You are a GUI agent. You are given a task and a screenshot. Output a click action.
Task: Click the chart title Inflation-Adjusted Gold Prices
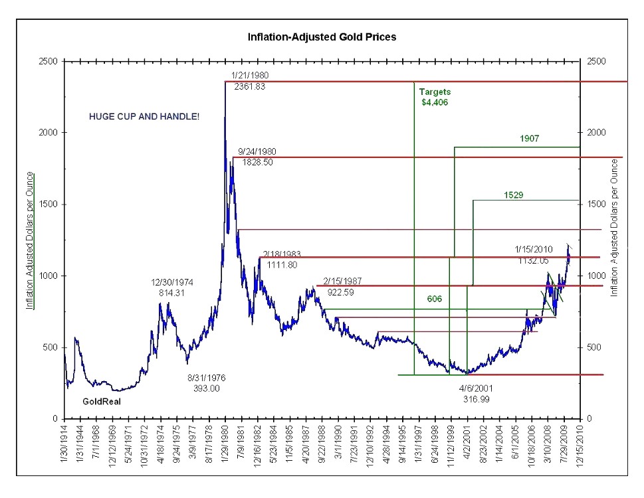pyautogui.click(x=322, y=37)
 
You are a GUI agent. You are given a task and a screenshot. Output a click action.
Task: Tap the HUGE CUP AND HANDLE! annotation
pyautogui.click(x=144, y=116)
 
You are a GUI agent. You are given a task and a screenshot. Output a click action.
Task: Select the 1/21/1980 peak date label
pyautogui.click(x=250, y=75)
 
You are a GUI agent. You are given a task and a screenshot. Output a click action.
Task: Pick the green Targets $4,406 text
pyautogui.click(x=435, y=97)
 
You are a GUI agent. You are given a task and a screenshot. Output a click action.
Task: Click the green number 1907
pyautogui.click(x=530, y=139)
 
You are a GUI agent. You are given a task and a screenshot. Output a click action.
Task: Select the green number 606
pyautogui.click(x=435, y=299)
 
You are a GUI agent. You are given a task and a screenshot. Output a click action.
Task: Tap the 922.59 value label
pyautogui.click(x=342, y=291)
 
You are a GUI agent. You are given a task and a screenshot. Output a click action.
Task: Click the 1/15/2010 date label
pyautogui.click(x=534, y=250)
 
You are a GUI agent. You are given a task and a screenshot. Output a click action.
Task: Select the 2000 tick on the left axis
pyautogui.click(x=49, y=133)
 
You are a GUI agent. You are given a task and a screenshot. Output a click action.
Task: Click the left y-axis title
pyautogui.click(x=30, y=241)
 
